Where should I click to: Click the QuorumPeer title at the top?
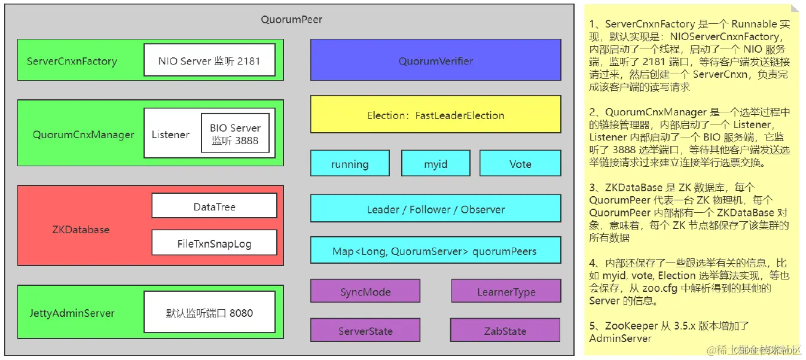point(291,20)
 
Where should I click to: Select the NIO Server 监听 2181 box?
point(209,60)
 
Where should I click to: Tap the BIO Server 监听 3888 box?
point(235,134)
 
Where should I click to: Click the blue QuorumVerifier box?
point(435,60)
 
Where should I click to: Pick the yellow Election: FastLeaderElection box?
point(435,115)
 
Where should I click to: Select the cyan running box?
point(350,164)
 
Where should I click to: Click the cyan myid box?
point(435,164)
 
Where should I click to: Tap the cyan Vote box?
point(520,164)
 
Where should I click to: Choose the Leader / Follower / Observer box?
point(435,209)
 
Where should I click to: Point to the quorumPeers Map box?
point(435,251)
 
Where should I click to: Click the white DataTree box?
point(214,206)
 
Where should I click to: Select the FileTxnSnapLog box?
point(214,243)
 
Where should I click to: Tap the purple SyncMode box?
point(365,292)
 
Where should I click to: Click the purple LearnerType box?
point(506,292)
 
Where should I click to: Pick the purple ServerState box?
point(365,331)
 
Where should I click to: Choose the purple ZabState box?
point(505,331)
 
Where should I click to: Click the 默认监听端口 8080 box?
point(209,312)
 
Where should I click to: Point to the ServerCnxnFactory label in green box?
point(72,61)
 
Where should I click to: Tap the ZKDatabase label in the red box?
point(81,230)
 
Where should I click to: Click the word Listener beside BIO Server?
point(170,135)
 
